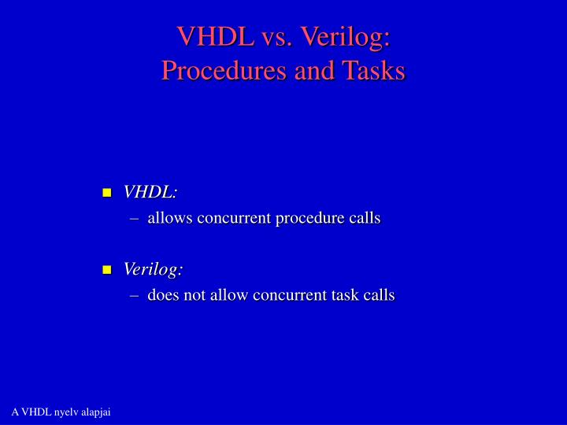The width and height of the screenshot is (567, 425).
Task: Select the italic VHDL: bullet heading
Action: (x=150, y=193)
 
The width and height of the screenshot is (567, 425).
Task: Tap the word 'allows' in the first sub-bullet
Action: (x=169, y=218)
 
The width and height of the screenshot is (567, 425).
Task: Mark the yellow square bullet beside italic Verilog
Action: (x=107, y=270)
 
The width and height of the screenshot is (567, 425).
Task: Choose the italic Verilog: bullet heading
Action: (x=153, y=269)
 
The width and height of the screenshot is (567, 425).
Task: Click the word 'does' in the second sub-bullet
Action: (x=164, y=295)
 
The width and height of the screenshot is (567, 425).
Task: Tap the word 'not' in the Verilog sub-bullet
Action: (x=195, y=295)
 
